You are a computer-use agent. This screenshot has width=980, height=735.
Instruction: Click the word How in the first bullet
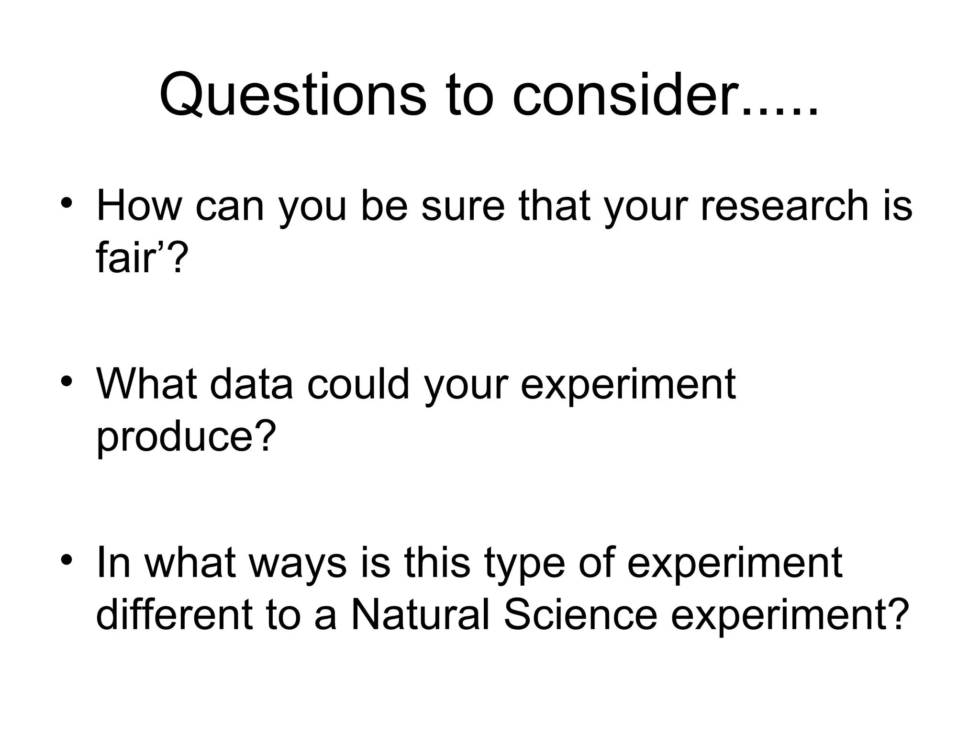pos(139,206)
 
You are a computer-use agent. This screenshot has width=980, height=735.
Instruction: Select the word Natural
pos(421,614)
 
